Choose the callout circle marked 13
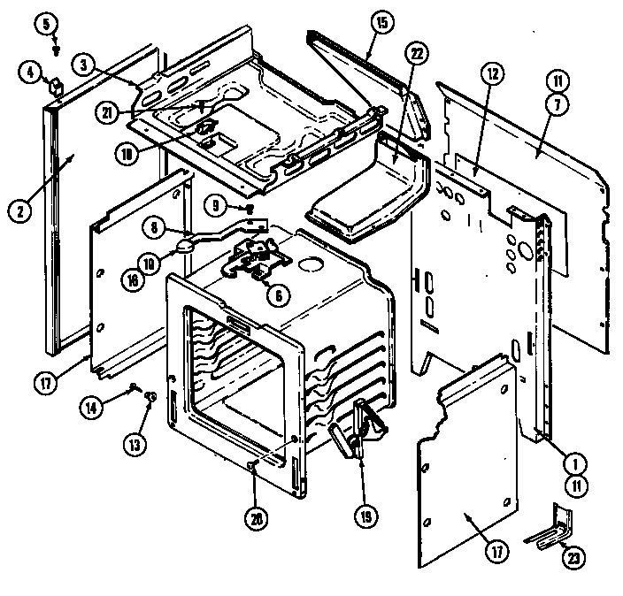point(134,445)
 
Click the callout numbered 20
point(257,521)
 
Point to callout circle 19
point(365,517)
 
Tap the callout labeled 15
point(380,23)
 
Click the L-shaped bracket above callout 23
point(550,527)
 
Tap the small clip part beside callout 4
point(55,86)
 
